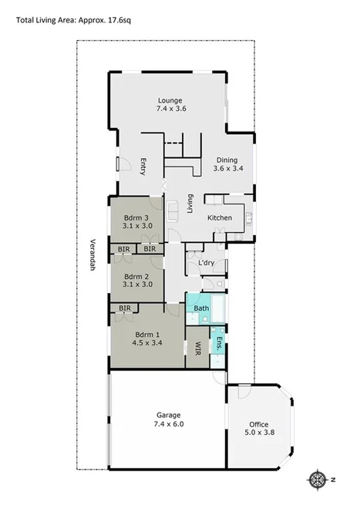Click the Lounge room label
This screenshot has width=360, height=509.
170,100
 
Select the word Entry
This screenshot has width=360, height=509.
143,167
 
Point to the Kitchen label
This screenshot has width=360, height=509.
220,218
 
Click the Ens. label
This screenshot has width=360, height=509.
219,345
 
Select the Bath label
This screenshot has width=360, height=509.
201,308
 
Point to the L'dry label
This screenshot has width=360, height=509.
206,264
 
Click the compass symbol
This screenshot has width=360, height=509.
318,480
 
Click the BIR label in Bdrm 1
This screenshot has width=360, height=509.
123,308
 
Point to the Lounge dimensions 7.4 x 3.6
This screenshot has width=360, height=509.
170,110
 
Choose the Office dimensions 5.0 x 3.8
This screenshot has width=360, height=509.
259,433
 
